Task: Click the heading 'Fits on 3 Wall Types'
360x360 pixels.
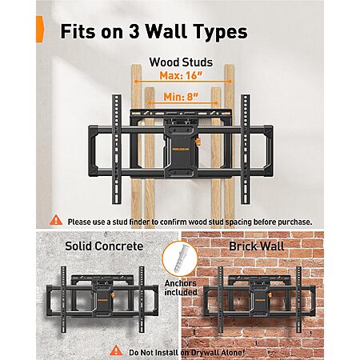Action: [154, 31]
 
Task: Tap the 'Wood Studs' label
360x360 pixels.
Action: [181, 62]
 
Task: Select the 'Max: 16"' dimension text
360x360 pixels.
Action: [181, 75]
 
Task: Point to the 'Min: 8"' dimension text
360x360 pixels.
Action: [181, 97]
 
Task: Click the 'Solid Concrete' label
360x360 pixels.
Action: [104, 246]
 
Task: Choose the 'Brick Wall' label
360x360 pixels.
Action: [257, 246]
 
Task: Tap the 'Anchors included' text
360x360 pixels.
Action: [181, 288]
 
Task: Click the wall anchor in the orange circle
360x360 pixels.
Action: [181, 258]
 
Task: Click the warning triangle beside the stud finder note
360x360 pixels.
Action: [56, 221]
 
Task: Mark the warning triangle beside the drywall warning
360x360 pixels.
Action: [116, 350]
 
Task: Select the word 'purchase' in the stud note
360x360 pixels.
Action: [294, 222]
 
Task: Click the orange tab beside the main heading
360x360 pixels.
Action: [40, 29]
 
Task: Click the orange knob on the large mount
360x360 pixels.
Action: [198, 142]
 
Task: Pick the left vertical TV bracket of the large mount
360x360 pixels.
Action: [117, 150]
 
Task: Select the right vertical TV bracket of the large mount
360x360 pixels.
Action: [246, 150]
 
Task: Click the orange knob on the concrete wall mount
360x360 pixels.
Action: [114, 294]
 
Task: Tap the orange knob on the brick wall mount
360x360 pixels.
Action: [270, 294]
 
